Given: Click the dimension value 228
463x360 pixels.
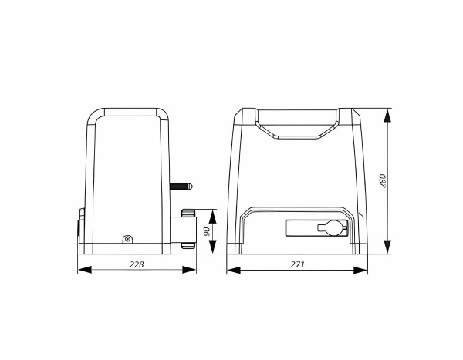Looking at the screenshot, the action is [x=137, y=264].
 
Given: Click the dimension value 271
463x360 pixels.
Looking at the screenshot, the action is [x=297, y=264].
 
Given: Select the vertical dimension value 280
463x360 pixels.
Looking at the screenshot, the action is [x=383, y=180].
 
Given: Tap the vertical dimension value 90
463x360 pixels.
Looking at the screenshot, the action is [x=208, y=231].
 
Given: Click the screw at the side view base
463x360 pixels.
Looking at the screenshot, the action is [x=127, y=239].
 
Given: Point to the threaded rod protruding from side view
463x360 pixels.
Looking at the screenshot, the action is [x=181, y=187].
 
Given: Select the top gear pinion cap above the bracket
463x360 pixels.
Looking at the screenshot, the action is [x=189, y=213].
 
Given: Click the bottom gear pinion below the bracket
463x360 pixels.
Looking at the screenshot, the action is [x=189, y=246].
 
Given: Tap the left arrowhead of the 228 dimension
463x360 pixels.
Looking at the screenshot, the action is [x=85, y=269].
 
